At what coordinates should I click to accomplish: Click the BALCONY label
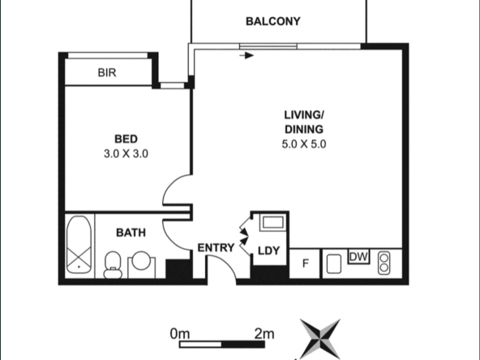pos(273,21)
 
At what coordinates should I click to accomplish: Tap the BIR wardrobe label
pos(107,73)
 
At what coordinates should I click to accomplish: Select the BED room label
pos(126,139)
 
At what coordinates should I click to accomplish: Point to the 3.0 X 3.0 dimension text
pos(126,154)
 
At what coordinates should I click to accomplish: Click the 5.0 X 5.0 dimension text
pos(304,144)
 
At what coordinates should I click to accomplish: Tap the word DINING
pos(304,130)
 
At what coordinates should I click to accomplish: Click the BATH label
pos(131,233)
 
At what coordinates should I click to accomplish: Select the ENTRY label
pos(216,247)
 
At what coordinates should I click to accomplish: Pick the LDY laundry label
pos(268,251)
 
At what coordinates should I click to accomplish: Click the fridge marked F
pos(305,264)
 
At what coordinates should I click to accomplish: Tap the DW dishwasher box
pos(358,256)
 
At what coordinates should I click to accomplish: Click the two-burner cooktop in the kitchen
pos(384,263)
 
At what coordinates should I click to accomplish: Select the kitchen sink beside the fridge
pos(334,264)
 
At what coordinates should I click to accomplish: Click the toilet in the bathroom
pos(113,265)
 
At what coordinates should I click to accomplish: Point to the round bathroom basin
pos(141,261)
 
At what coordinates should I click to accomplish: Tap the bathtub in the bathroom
pos(79,245)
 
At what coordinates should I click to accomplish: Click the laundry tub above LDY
pos(272,222)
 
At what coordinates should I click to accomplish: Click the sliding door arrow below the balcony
pos(246,56)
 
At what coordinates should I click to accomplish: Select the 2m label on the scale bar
pos(264,334)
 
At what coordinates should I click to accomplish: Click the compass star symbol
pos(320,339)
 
